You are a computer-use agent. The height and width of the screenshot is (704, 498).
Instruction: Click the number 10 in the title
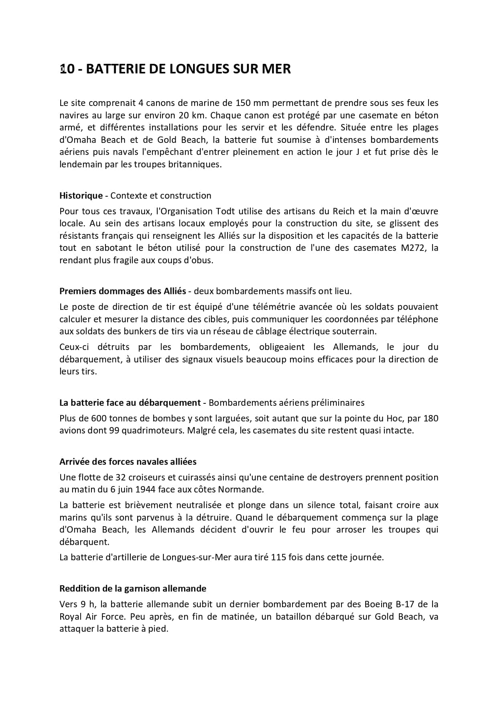point(67,69)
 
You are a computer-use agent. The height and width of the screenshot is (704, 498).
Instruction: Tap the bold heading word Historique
point(81,195)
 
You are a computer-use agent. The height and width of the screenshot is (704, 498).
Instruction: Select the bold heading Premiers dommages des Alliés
point(123,291)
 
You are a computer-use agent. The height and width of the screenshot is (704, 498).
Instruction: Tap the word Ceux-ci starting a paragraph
point(74,347)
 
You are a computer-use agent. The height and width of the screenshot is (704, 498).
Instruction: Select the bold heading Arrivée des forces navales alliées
point(128,462)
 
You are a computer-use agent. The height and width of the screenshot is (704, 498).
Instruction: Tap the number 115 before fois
point(278,558)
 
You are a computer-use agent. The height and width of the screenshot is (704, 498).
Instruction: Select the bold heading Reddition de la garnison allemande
point(133,589)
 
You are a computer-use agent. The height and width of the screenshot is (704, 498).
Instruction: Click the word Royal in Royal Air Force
point(70,617)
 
